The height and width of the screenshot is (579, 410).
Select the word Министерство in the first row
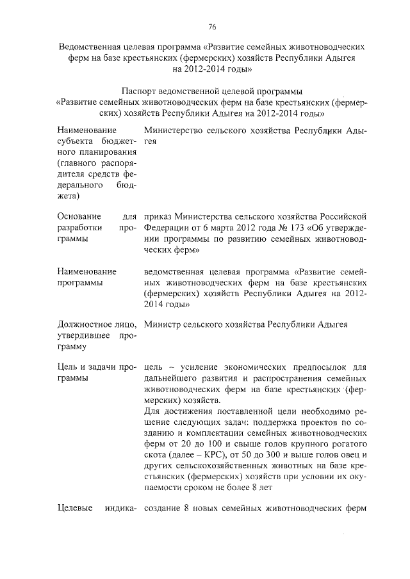point(175,131)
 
